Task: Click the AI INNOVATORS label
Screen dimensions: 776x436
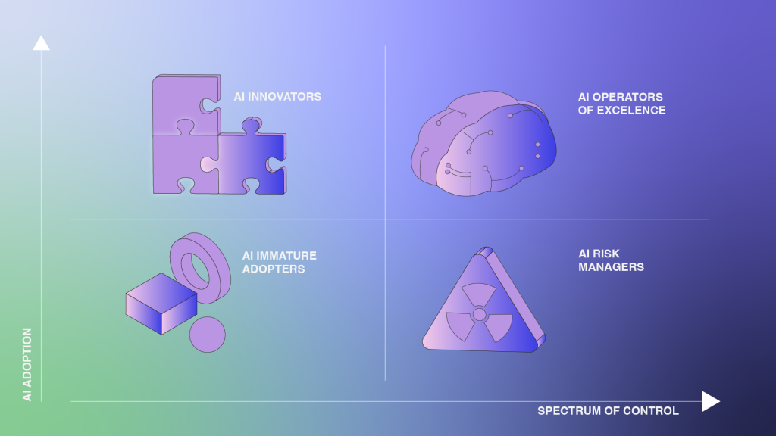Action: (x=277, y=97)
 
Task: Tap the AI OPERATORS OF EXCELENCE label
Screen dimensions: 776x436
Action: (x=621, y=104)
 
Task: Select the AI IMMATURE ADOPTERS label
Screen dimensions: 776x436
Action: (x=279, y=263)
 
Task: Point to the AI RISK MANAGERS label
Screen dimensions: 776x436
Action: (x=612, y=260)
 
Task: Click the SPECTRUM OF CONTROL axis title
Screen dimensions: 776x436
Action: (x=608, y=411)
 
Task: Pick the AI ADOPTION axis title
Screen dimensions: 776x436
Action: (x=27, y=364)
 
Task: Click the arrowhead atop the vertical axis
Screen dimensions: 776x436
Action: (x=41, y=43)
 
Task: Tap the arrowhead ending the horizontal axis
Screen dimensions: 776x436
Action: (x=711, y=401)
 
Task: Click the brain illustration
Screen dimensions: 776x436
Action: (x=483, y=143)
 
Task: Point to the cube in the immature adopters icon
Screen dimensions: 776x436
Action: (x=161, y=304)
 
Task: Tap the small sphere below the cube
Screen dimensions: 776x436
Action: (x=208, y=335)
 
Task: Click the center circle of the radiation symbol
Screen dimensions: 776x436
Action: (x=479, y=314)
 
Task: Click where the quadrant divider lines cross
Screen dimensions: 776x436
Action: (x=385, y=220)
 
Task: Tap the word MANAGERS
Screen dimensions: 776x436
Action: (x=612, y=267)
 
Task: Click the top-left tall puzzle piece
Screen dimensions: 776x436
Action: (x=186, y=104)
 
